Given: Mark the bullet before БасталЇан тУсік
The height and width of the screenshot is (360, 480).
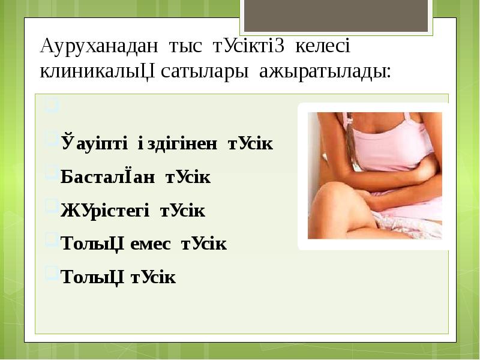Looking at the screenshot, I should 52,174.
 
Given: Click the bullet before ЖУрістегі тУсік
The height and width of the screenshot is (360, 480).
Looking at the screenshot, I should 52,207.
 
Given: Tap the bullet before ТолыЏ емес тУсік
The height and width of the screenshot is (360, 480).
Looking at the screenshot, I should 52,240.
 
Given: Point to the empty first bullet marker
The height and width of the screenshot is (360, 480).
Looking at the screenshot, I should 52,109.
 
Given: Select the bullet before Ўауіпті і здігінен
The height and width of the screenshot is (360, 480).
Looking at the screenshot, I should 52,141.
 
